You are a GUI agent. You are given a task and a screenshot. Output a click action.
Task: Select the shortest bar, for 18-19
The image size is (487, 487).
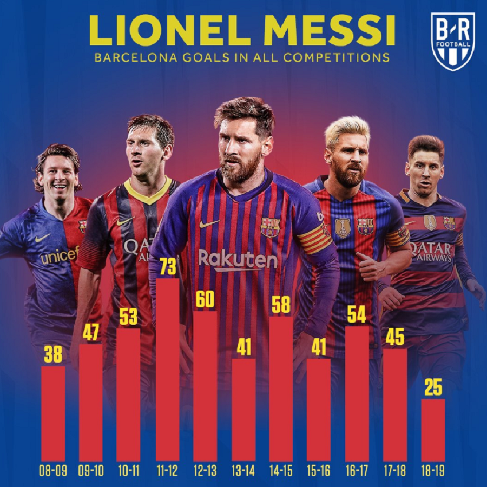(433, 430)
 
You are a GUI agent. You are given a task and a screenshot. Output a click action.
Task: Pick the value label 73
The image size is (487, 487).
(167, 267)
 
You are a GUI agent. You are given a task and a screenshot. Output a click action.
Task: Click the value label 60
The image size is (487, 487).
(205, 300)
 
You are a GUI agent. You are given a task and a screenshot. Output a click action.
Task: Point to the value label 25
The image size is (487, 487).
(433, 388)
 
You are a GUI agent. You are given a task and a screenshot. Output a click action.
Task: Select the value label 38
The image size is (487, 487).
(53, 355)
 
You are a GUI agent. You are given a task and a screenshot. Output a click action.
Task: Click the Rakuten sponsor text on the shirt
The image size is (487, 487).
(238, 260)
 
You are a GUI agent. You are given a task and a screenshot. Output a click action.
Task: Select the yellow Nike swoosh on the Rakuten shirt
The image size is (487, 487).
(209, 223)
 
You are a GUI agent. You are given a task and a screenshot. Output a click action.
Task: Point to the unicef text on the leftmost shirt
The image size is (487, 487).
(60, 255)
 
